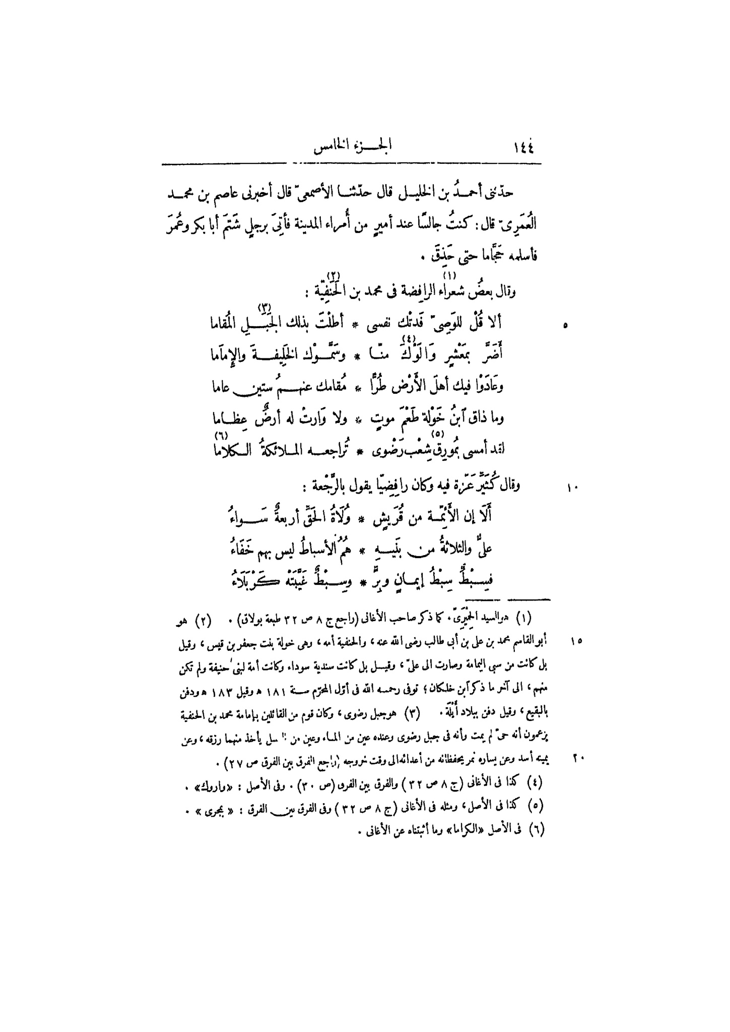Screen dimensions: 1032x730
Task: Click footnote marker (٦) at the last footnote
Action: [x=539, y=829]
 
